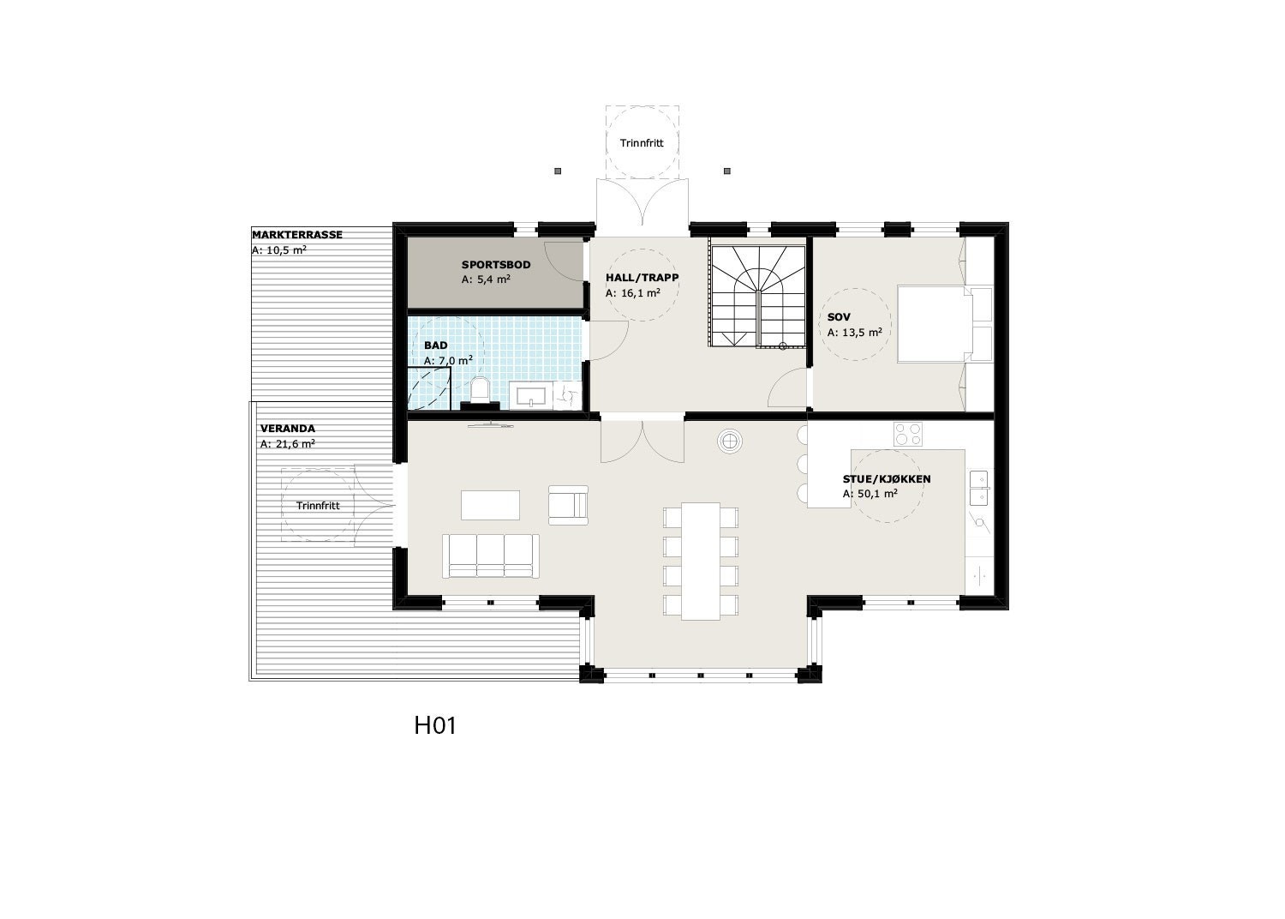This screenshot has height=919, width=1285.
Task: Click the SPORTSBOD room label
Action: pyautogui.click(x=496, y=265)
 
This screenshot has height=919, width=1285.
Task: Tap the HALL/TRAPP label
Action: pyautogui.click(x=642, y=278)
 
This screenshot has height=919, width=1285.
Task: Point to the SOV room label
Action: pyautogui.click(x=839, y=317)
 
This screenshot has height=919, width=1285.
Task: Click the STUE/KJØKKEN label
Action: pyautogui.click(x=887, y=479)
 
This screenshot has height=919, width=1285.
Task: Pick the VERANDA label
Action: pyautogui.click(x=287, y=429)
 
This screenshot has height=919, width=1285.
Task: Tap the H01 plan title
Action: pyautogui.click(x=434, y=726)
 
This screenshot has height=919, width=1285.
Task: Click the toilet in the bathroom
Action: pyautogui.click(x=480, y=392)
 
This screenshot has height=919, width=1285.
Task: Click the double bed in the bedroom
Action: pyautogui.click(x=935, y=325)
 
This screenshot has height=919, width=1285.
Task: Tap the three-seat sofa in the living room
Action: pyautogui.click(x=491, y=556)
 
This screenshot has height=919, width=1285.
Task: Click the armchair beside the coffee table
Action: pyautogui.click(x=568, y=504)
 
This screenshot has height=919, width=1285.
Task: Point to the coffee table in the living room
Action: pyautogui.click(x=490, y=504)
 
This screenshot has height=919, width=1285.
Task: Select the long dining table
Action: pyautogui.click(x=702, y=561)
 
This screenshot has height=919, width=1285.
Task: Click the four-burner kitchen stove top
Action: pyautogui.click(x=908, y=435)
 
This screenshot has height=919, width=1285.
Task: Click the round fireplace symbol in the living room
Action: pyautogui.click(x=730, y=441)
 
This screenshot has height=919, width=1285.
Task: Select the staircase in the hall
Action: pyautogui.click(x=756, y=296)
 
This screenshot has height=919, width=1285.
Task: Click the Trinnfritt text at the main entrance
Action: pyautogui.click(x=643, y=143)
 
